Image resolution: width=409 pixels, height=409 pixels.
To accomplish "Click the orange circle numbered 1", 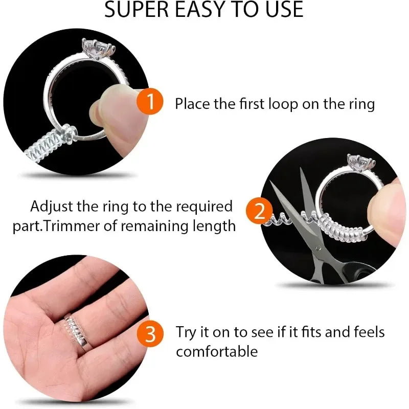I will (150, 102).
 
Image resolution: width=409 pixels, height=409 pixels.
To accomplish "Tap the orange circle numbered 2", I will (259, 211).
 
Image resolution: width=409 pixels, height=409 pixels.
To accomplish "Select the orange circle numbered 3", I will (150, 335).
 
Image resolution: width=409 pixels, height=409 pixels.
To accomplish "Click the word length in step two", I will (211, 225).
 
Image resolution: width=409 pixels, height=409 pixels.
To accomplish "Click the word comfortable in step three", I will (217, 351).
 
